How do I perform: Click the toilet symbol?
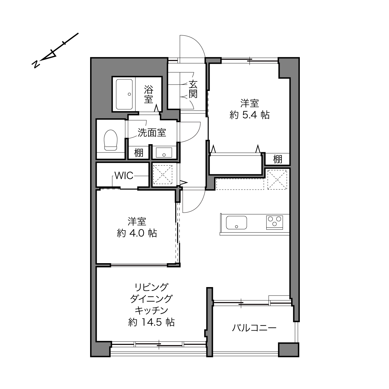click(110, 140)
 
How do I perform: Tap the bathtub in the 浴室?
click(124, 94)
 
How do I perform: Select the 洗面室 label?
click(152, 132)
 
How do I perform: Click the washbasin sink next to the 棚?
click(164, 153)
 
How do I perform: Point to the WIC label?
click(124, 176)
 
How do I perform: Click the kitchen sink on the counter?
click(236, 222)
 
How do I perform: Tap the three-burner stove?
click(275, 222)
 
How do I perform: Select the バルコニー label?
click(254, 328)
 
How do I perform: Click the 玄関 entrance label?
click(193, 89)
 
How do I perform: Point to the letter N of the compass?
click(36, 64)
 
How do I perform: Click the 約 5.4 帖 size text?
click(249, 115)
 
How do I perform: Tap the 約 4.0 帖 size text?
click(137, 233)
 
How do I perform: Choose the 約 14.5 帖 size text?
click(151, 322)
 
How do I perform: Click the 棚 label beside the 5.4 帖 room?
click(277, 159)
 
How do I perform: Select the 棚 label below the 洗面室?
click(139, 153)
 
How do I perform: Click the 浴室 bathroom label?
click(149, 94)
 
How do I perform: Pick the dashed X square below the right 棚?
click(277, 180)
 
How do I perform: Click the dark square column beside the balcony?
click(288, 350)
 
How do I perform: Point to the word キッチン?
click(151, 310)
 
